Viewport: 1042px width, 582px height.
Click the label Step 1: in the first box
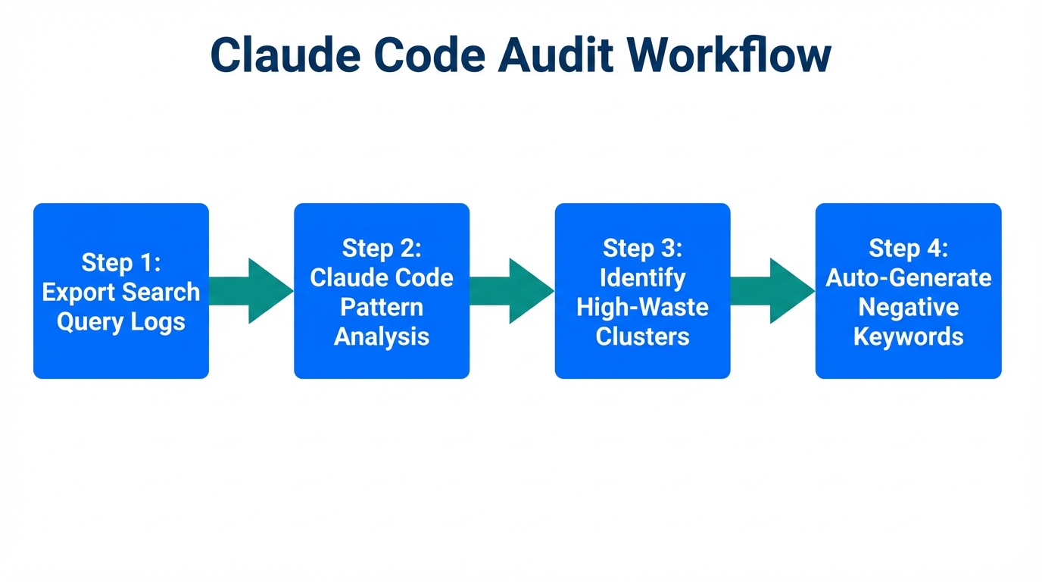coord(121,262)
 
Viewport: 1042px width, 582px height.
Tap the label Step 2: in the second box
coord(382,248)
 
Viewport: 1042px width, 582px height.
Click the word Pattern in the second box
coord(382,307)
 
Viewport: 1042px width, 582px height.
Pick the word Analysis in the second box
coord(382,336)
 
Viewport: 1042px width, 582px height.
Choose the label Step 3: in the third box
coord(642,248)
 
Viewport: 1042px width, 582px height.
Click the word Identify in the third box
coord(642,277)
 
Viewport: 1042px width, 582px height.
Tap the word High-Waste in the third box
coord(642,307)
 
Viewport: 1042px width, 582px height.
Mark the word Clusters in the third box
coord(642,336)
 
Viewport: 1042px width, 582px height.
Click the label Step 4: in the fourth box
coord(908,248)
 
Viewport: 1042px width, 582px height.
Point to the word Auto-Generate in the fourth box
coord(908,277)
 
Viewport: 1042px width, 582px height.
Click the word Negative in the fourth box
coord(908,307)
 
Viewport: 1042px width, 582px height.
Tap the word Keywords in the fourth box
coord(908,336)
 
